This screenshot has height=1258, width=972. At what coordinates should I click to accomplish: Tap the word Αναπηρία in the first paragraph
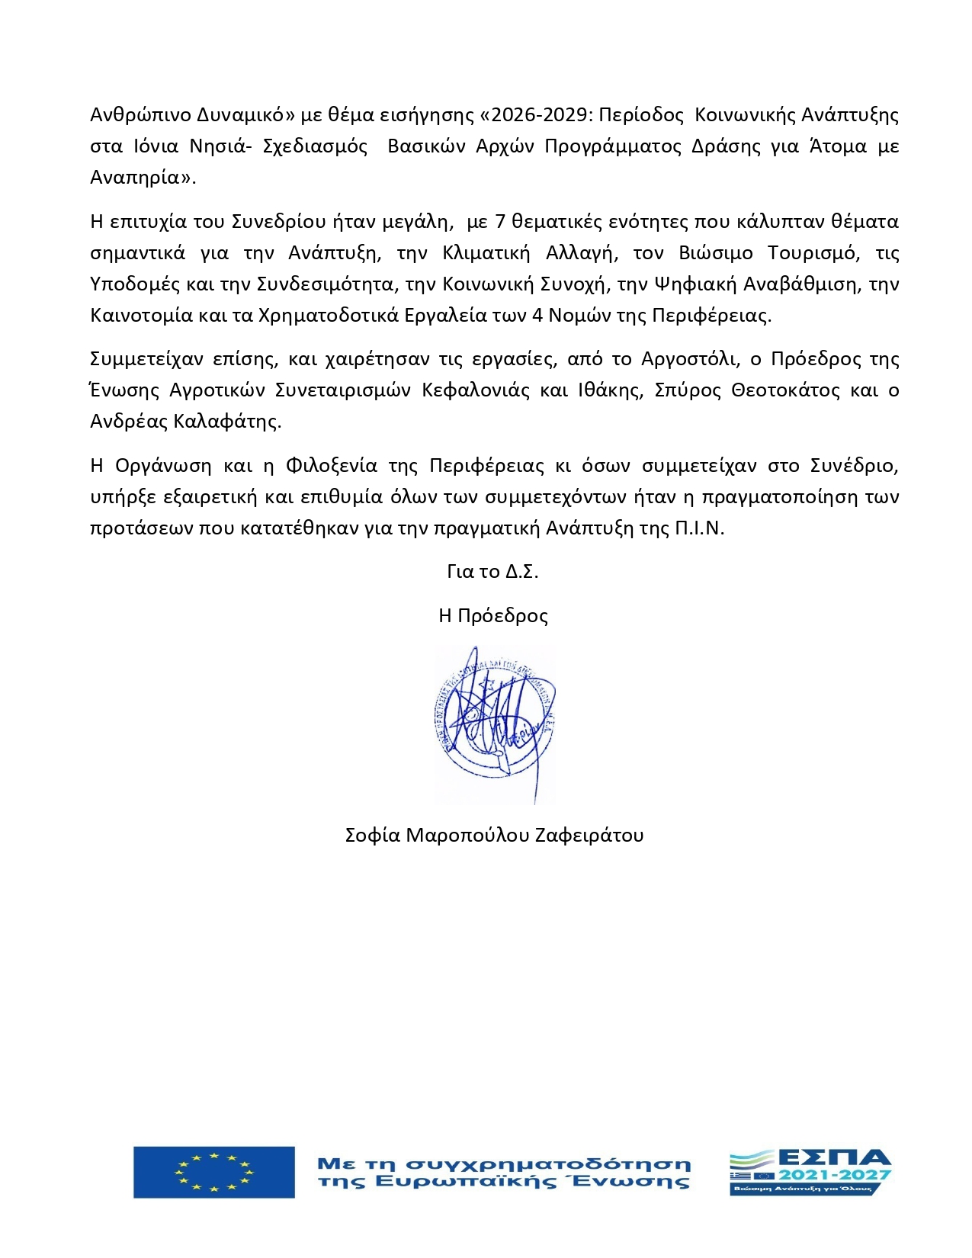tap(140, 178)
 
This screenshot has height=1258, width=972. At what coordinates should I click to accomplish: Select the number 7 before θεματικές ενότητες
tap(501, 222)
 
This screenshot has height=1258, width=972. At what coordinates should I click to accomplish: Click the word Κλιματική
tap(486, 253)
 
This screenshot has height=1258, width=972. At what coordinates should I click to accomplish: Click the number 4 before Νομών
tap(537, 316)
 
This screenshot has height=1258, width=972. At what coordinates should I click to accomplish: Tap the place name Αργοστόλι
tap(690, 359)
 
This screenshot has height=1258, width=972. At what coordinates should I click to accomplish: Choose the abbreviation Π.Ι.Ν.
tap(699, 528)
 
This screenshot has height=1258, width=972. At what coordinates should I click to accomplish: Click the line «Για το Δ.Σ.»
tap(492, 572)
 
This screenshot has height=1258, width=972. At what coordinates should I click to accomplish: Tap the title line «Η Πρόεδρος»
tap(493, 615)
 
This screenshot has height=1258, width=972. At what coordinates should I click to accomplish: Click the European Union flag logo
tap(213, 1172)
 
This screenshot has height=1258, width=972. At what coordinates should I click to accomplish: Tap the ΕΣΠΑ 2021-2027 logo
tap(810, 1173)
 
